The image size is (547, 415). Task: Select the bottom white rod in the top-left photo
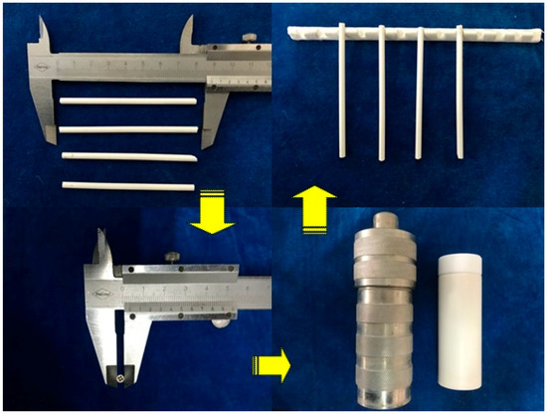click(x=126, y=184)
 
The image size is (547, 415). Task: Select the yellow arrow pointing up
click(x=307, y=209)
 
